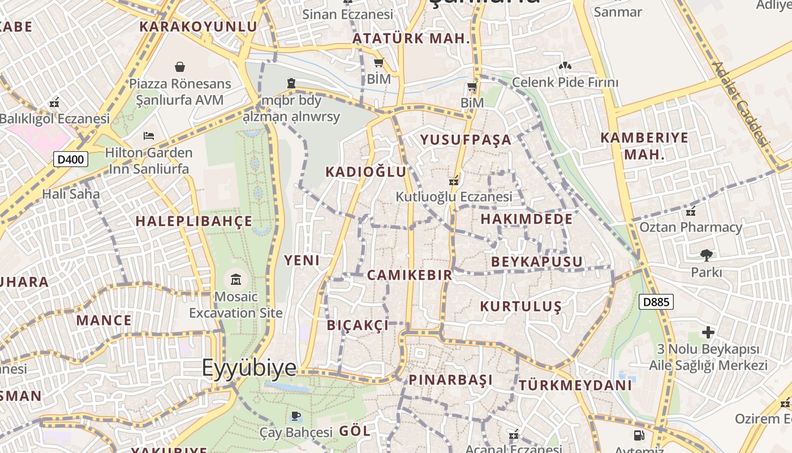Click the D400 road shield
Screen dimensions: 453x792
click(x=71, y=159)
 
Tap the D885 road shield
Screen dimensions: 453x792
click(x=656, y=302)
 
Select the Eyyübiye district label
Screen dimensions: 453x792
click(x=249, y=368)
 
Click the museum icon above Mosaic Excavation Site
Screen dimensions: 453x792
click(x=236, y=279)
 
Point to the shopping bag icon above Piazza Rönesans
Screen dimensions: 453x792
click(x=180, y=67)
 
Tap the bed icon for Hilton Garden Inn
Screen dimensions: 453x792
click(x=149, y=136)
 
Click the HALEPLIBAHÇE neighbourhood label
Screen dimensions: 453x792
click(x=194, y=221)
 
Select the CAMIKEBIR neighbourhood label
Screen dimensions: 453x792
click(x=410, y=275)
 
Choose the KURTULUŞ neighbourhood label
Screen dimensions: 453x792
click(x=520, y=306)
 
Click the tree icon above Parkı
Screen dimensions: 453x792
click(x=706, y=255)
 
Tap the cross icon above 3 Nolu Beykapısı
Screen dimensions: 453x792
click(x=708, y=332)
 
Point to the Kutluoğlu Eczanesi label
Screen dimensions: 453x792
click(x=454, y=196)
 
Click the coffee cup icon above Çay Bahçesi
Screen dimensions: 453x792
click(x=295, y=417)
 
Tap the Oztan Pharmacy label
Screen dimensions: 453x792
click(x=690, y=227)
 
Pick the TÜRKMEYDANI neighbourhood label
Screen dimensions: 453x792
click(x=575, y=386)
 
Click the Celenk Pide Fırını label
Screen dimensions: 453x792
click(x=565, y=83)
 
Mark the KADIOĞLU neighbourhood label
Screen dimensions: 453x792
click(x=365, y=172)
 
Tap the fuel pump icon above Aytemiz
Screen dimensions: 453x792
click(x=639, y=435)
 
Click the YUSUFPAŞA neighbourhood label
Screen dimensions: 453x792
click(x=466, y=140)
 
